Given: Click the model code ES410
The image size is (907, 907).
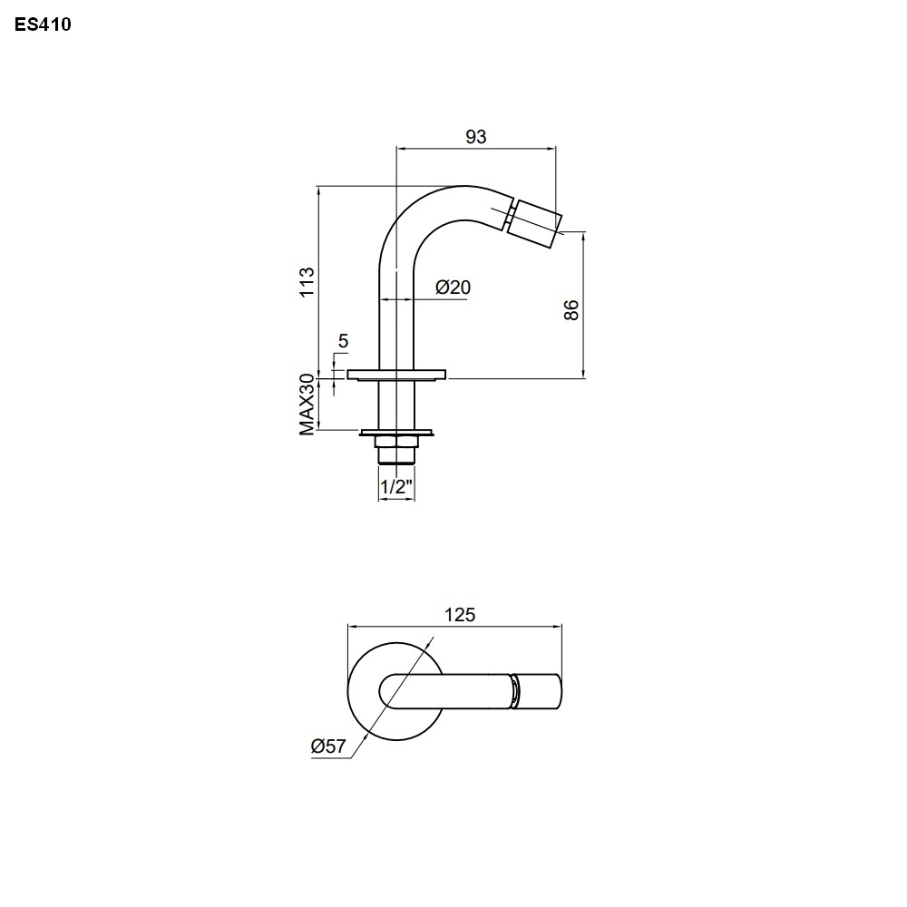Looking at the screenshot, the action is [x=43, y=24].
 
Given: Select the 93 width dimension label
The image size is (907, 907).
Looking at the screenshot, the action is [x=476, y=137].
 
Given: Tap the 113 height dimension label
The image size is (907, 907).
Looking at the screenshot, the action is [x=307, y=282].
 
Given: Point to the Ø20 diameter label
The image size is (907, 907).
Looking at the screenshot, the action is [x=453, y=287].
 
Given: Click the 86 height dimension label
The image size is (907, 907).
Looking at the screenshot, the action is [x=571, y=310].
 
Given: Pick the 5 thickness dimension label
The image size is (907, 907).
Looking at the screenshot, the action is [x=343, y=341].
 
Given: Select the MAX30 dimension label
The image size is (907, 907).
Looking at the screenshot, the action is [x=307, y=405].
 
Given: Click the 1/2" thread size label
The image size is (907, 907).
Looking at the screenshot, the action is [x=397, y=486].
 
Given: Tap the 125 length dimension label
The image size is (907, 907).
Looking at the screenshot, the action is [x=460, y=614].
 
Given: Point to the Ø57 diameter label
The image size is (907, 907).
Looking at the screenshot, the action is [x=328, y=746].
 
